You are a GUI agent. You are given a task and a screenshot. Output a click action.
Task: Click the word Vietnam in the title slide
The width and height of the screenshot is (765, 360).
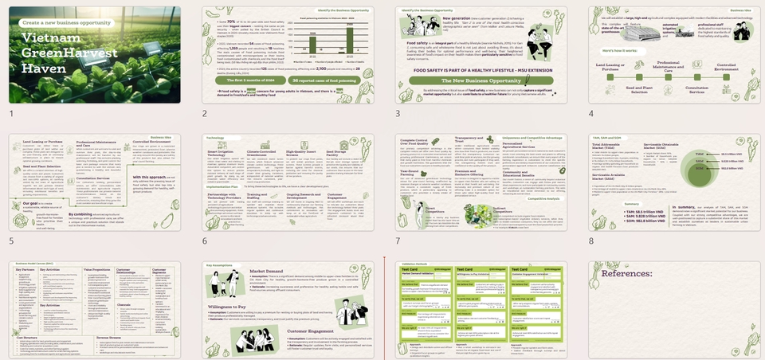(x=50, y=39)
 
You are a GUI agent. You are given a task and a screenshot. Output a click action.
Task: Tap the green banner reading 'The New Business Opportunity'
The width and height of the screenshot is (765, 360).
(x=468, y=82)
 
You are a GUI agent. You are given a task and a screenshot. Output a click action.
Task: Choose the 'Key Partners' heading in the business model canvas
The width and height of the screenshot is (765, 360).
(x=26, y=270)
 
